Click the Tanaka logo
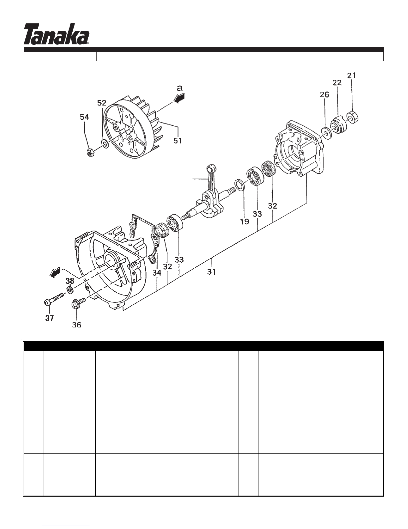pyautogui.click(x=56, y=34)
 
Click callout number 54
pyautogui.click(x=84, y=117)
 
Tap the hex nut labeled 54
pyautogui.click(x=91, y=153)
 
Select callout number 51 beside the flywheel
pyautogui.click(x=178, y=141)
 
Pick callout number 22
pyautogui.click(x=337, y=83)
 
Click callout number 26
pyautogui.click(x=324, y=94)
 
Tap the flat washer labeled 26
pyautogui.click(x=327, y=133)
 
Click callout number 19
pyautogui.click(x=244, y=222)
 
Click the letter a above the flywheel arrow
pyautogui.click(x=180, y=88)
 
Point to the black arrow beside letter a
pyautogui.click(x=180, y=98)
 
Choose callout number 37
pyautogui.click(x=49, y=318)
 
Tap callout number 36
pyautogui.click(x=77, y=325)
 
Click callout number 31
pyautogui.click(x=211, y=272)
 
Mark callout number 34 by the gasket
pyautogui.click(x=157, y=273)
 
